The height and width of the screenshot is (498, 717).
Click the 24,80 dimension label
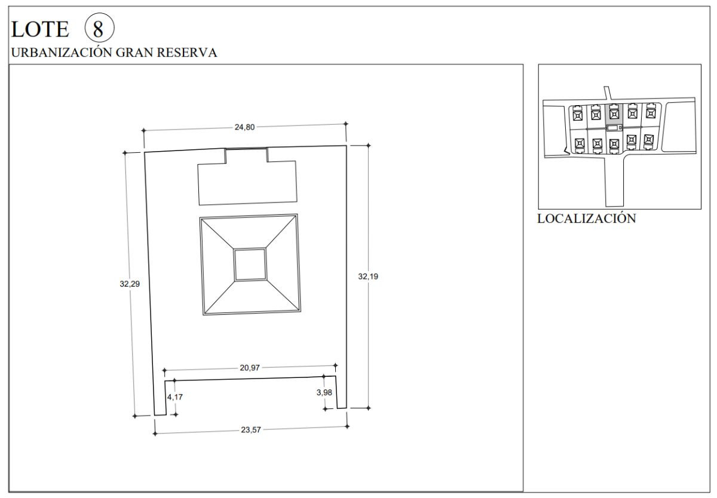pyautogui.click(x=244, y=127)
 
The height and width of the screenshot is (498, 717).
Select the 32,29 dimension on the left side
pyautogui.click(x=130, y=284)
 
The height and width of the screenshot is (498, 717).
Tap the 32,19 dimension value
pyautogui.click(x=368, y=276)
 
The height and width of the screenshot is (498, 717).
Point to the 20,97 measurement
pyautogui.click(x=250, y=368)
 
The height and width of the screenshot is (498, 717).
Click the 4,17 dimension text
pyautogui.click(x=174, y=397)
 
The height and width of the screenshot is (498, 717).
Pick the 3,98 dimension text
pyautogui.click(x=324, y=392)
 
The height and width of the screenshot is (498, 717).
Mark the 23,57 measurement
pyautogui.click(x=251, y=430)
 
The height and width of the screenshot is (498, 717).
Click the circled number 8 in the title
pyautogui.click(x=99, y=28)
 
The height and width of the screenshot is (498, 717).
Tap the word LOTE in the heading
pyautogui.click(x=40, y=29)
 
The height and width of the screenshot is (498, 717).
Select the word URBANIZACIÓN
pyautogui.click(x=62, y=52)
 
